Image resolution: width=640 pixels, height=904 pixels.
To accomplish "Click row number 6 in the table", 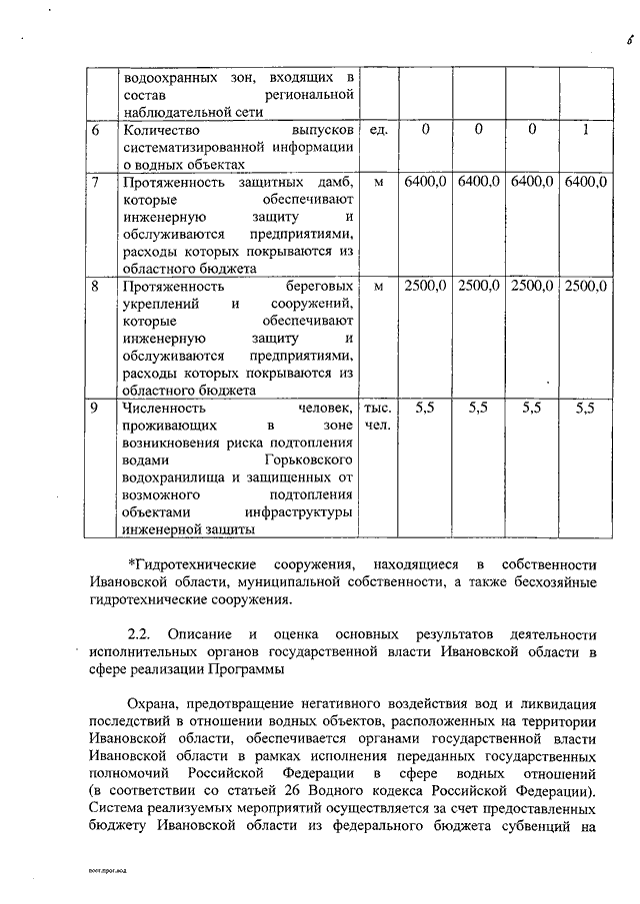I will click(94, 130).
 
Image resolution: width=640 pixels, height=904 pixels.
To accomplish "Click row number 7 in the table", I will click(94, 182).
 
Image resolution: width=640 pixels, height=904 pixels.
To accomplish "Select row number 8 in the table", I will click(94, 286).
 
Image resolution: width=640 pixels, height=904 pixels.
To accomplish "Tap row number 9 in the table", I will click(94, 408).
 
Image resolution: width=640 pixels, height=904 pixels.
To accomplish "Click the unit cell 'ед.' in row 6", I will click(379, 130).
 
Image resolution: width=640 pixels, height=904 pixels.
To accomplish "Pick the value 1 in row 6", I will click(585, 130).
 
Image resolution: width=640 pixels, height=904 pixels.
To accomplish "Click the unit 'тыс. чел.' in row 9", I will click(379, 417).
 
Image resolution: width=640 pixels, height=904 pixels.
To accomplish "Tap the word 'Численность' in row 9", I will click(165, 408).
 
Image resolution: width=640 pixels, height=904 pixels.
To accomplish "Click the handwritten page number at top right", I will click(618, 41).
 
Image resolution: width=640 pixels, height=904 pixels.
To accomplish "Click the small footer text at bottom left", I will click(110, 872).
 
